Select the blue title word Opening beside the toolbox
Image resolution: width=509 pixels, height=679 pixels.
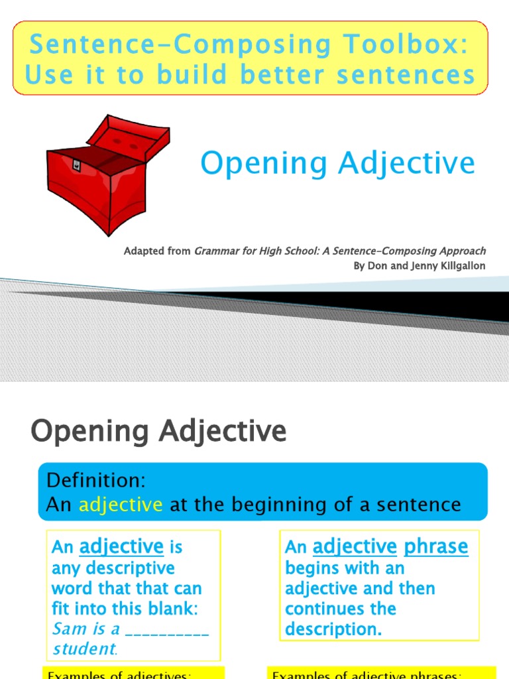263,163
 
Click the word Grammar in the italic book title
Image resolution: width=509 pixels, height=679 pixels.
216,251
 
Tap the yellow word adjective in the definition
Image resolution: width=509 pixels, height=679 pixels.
121,505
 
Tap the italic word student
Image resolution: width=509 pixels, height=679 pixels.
83,648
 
